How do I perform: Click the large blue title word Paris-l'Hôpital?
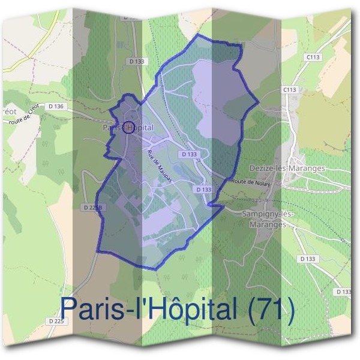tap(150, 310)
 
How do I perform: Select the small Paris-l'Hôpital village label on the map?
tap(127, 128)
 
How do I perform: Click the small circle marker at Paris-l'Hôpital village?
tap(127, 126)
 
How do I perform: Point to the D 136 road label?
tap(55, 106)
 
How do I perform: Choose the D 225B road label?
tap(92, 207)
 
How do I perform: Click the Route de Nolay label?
tap(247, 181)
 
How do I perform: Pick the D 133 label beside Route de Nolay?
tap(204, 189)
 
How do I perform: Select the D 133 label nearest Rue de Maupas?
tap(188, 154)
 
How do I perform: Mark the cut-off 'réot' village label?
tap(8, 112)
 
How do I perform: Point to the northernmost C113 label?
tap(311, 57)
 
